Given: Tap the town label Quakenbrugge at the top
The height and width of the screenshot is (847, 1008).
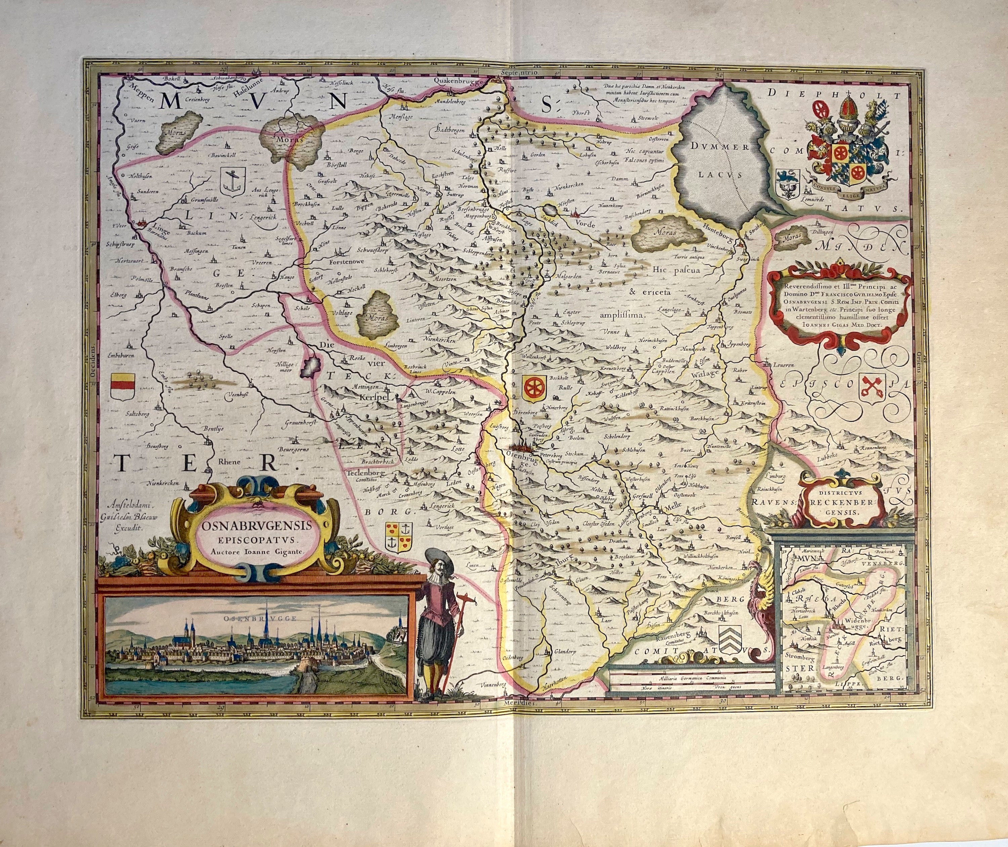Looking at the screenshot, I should [x=457, y=82].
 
